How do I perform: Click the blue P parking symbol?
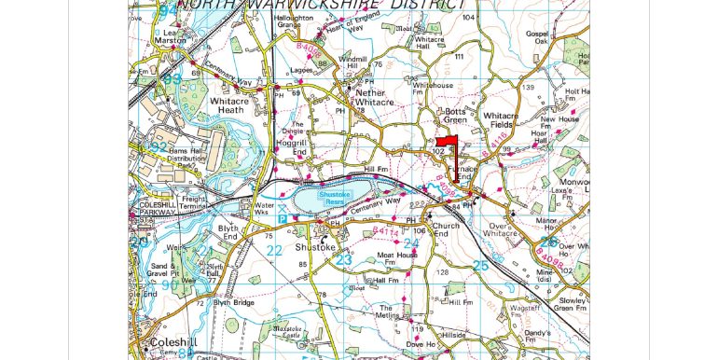282,217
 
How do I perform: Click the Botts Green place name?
454,116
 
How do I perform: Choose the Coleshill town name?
171,342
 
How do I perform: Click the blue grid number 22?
273,250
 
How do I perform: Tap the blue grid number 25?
480,267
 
